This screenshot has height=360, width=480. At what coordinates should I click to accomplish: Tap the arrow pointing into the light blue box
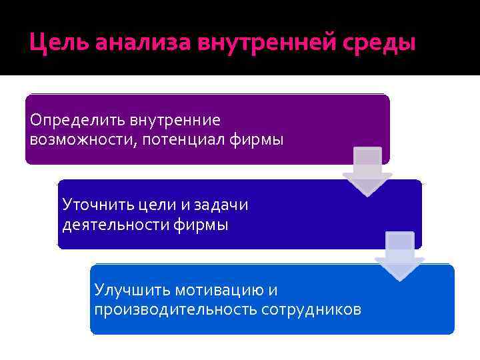click(399, 256)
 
